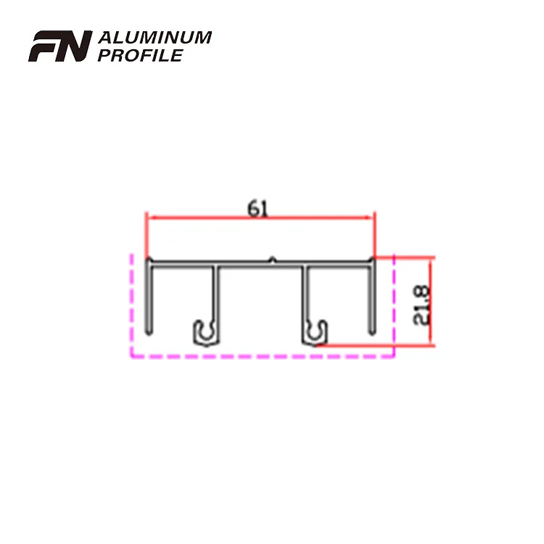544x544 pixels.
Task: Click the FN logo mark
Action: [x=59, y=46]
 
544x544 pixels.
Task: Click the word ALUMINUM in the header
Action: [x=154, y=38]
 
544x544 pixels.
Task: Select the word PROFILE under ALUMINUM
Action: [x=139, y=55]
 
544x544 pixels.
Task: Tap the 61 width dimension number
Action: [x=257, y=208]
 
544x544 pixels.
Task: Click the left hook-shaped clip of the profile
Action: [x=205, y=331]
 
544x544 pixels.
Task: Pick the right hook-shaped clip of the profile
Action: [x=316, y=332]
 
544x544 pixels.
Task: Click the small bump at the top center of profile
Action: [x=271, y=257]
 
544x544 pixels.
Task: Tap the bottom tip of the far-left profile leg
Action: [x=148, y=332]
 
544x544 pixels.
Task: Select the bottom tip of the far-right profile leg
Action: [x=373, y=332]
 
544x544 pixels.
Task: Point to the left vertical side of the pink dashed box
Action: [x=131, y=305]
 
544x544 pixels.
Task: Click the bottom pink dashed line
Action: [x=261, y=357]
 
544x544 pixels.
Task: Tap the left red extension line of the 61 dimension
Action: [x=147, y=236]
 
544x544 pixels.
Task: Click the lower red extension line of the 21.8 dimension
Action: [x=377, y=345]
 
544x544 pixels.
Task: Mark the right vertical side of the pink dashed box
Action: [x=393, y=305]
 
